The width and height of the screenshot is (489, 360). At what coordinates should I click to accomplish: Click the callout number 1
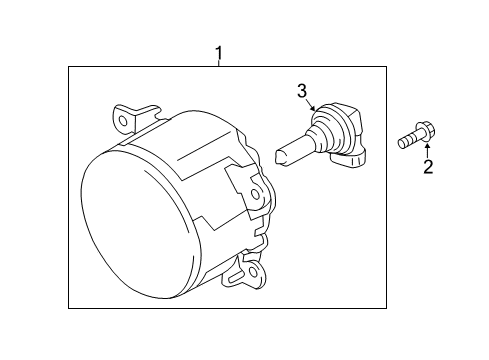coord(219,53)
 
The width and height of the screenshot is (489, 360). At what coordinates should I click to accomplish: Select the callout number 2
coord(428,167)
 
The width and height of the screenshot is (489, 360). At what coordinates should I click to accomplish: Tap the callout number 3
coord(302,91)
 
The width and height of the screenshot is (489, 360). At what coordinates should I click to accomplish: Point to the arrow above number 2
coord(428,150)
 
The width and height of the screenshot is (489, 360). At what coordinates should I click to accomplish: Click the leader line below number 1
coord(219,63)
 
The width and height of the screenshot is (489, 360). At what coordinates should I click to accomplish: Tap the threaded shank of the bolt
coord(407,141)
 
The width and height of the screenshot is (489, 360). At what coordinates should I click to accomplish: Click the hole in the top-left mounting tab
coord(123,121)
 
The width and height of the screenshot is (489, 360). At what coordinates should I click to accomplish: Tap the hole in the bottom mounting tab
coord(254,272)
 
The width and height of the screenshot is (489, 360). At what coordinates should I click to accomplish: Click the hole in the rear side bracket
coord(255,194)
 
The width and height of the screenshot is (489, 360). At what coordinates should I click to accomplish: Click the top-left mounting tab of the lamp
coord(133,119)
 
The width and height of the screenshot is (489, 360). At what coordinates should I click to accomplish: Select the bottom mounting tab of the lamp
coord(245,272)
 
